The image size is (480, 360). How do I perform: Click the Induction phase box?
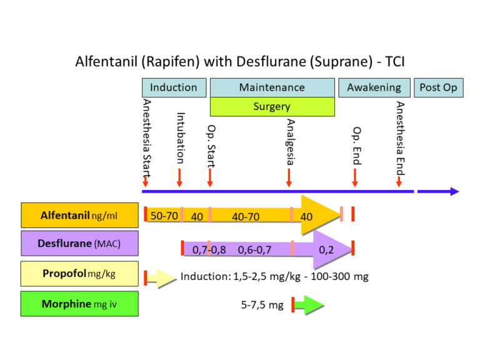click(174, 87)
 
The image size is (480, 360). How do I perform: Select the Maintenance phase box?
click(272, 87)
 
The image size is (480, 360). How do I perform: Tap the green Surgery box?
click(272, 107)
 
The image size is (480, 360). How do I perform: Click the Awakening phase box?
click(374, 87)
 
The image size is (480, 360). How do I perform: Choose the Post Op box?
click(438, 87)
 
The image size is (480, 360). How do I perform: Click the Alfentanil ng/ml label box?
click(79, 216)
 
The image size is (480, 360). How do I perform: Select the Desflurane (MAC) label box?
click(79, 243)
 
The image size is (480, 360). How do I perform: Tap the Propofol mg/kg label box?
click(79, 274)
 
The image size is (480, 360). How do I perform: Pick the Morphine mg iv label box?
click(79, 304)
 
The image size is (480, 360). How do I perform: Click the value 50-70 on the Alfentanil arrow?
click(164, 216)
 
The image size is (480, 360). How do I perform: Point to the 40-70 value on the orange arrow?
click(246, 216)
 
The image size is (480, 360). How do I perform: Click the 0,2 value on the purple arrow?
click(326, 249)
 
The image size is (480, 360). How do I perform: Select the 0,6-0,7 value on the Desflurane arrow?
click(254, 249)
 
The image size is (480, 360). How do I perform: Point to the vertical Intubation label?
click(181, 138)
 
